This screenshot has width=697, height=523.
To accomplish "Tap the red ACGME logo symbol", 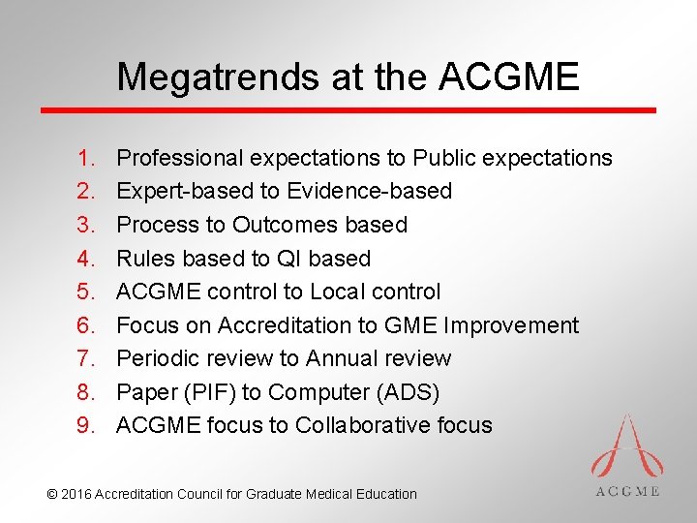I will click(x=626, y=446).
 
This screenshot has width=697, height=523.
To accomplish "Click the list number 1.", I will click(x=86, y=158).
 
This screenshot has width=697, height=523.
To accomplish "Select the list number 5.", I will click(x=86, y=292).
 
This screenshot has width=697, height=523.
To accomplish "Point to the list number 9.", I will click(x=86, y=425).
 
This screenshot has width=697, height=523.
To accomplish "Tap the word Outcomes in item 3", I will click(x=281, y=225).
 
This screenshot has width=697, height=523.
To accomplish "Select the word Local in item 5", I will click(x=340, y=292).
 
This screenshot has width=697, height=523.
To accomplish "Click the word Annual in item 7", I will click(x=341, y=358).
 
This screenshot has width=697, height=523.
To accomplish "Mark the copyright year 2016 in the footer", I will click(x=77, y=494).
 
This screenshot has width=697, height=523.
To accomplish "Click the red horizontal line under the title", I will click(x=348, y=110).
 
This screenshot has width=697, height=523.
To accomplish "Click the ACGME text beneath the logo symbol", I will click(x=626, y=491).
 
